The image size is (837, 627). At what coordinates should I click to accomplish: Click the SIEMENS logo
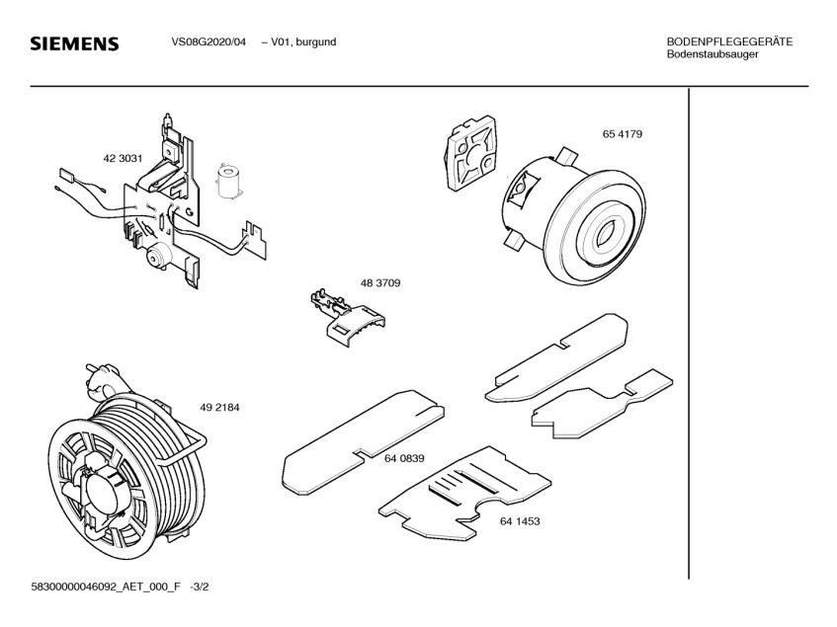click(x=74, y=44)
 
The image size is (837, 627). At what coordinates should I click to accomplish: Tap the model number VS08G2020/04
click(x=209, y=41)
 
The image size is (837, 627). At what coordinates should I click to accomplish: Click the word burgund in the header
click(x=315, y=41)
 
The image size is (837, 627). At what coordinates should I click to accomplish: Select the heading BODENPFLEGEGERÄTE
click(x=729, y=41)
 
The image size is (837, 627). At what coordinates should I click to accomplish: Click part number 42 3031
click(x=124, y=159)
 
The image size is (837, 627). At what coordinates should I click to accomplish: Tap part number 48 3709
click(x=379, y=283)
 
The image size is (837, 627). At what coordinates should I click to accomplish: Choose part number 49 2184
click(x=219, y=408)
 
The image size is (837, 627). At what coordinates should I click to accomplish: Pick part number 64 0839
click(x=404, y=458)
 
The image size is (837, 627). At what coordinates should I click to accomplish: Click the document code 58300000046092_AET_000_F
click(x=107, y=587)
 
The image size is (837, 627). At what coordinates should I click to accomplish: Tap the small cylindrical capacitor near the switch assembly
click(x=229, y=183)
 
